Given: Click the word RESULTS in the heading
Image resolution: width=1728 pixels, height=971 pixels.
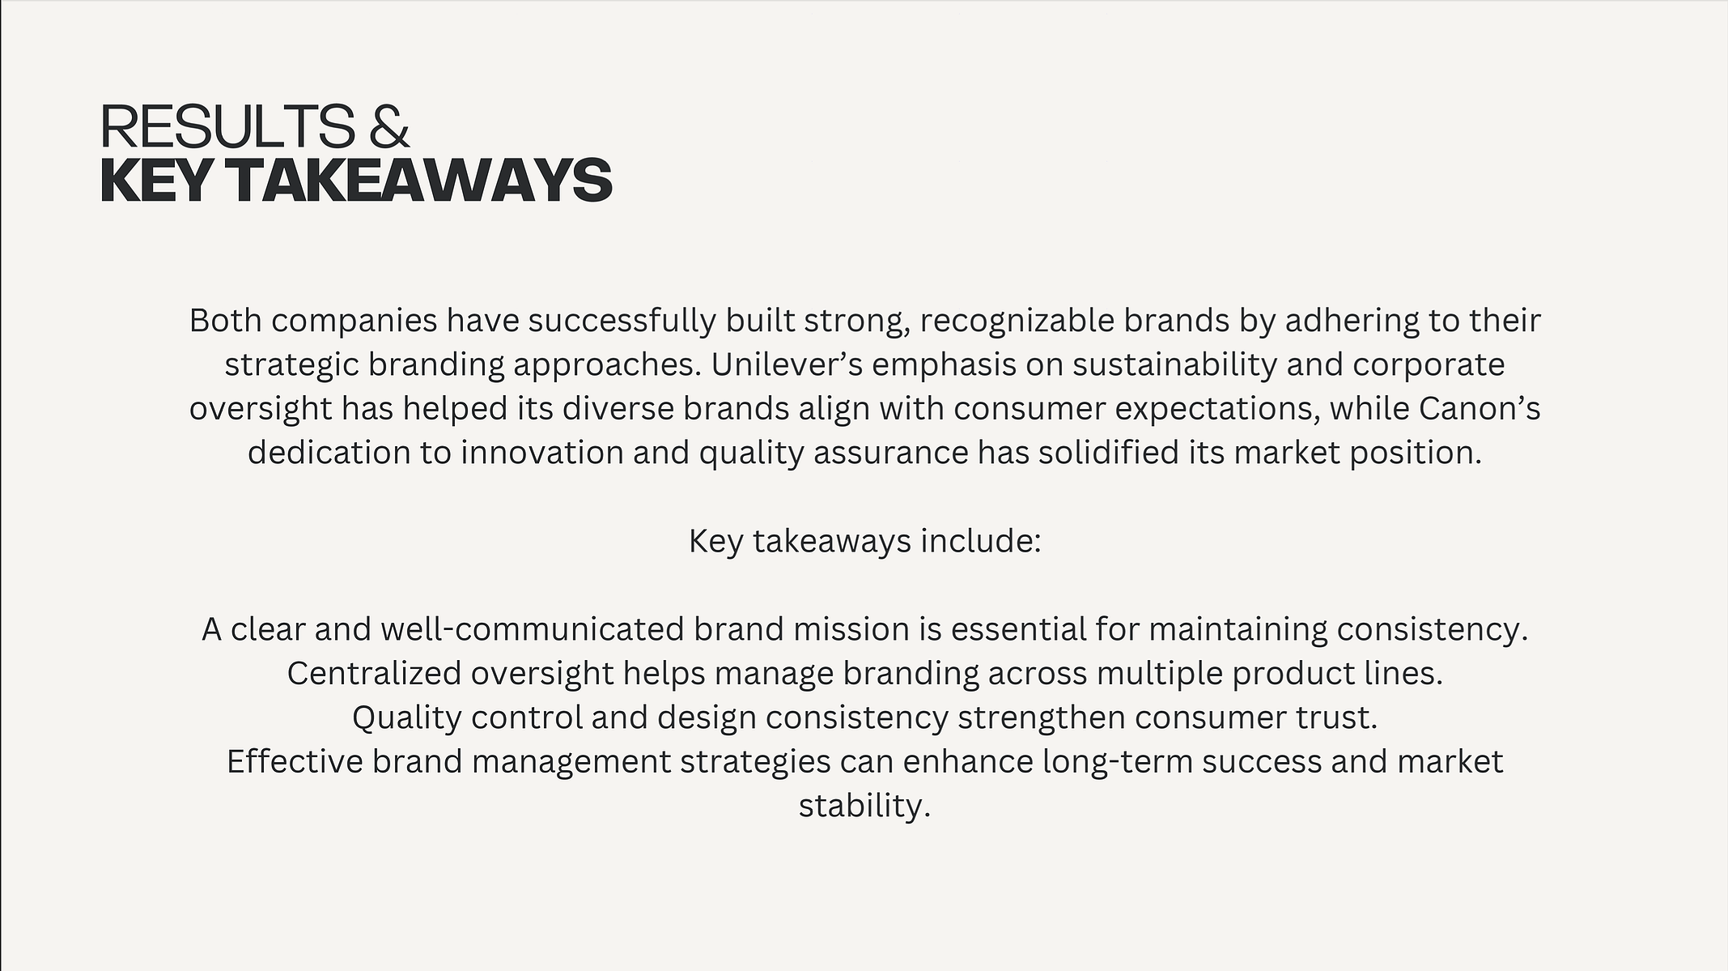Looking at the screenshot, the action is point(227,126).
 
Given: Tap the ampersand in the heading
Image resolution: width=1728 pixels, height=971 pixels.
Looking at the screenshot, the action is point(388,126).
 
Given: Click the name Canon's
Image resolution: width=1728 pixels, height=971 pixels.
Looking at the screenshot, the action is point(1480,408).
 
